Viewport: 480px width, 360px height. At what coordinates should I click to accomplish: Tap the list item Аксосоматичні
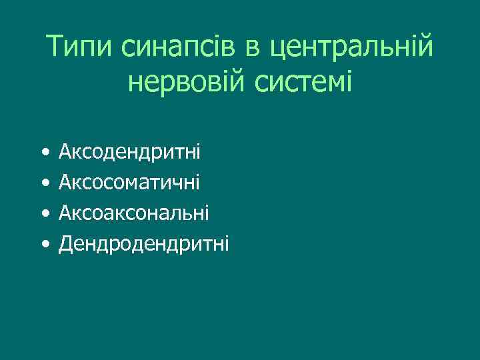129,182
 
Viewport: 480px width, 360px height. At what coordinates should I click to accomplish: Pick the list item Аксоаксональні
133,213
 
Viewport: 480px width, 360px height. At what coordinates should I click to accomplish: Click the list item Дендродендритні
143,244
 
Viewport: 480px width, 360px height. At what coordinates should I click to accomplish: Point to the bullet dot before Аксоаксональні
44,214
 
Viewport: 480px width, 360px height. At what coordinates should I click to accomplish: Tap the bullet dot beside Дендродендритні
44,245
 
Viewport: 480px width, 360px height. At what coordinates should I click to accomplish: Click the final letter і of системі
349,83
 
